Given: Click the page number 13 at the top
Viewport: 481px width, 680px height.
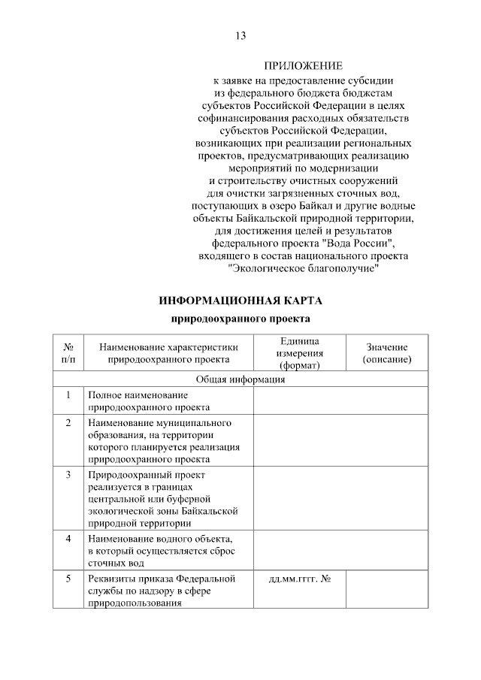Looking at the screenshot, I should point(240,36).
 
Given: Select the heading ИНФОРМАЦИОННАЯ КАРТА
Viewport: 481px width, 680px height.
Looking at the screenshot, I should point(240,301).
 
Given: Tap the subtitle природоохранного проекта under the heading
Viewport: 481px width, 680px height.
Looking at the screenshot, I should point(240,319).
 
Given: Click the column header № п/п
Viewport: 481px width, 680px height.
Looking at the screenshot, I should point(68,353).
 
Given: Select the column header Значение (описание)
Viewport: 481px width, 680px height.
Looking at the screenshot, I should point(386,353).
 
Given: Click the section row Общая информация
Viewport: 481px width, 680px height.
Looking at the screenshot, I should point(240,379).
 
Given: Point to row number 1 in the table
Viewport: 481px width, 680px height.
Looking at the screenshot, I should point(68,394).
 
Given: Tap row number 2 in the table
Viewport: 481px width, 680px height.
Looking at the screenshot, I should point(68,423).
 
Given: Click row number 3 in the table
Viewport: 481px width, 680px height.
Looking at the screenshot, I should point(68,476).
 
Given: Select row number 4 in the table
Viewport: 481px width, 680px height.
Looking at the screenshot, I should point(68,539).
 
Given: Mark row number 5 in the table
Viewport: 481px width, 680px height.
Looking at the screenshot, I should point(68,579).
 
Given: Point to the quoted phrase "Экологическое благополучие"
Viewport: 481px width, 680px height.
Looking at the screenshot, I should point(303,268).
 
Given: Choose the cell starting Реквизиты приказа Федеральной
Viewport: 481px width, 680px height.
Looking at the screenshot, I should point(161,591).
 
